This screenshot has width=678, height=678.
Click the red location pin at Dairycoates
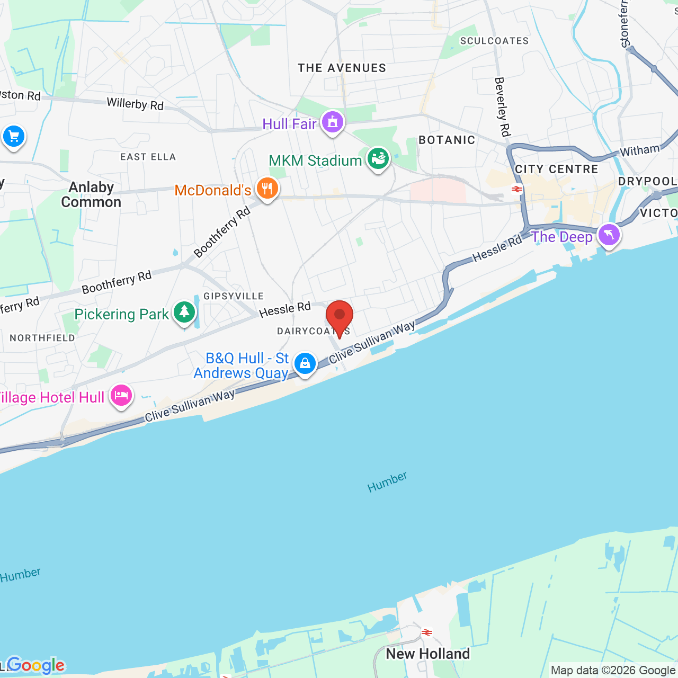tap(340, 316)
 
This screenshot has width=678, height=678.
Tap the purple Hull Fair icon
tap(332, 122)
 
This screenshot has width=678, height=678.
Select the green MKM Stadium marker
tap(378, 158)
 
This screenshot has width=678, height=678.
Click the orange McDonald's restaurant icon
tap(267, 188)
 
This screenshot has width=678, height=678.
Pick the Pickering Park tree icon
tap(184, 311)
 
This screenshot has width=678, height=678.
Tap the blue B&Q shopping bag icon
tap(305, 363)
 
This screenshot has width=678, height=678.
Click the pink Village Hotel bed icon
tap(121, 395)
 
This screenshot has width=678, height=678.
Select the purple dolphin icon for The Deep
tap(609, 234)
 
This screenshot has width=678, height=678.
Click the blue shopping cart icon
tap(14, 137)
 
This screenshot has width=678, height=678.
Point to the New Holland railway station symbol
tap(427, 632)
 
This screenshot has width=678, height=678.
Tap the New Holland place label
tap(428, 654)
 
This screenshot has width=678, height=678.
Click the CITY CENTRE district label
tap(556, 169)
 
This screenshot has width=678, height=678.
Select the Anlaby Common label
tap(91, 194)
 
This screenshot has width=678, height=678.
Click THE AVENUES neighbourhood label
tap(342, 68)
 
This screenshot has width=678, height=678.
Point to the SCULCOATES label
tap(494, 41)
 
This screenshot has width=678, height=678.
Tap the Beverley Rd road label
tap(502, 106)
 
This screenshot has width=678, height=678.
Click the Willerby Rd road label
tap(135, 104)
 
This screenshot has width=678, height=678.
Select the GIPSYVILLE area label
tap(234, 296)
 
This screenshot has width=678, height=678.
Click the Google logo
tap(35, 665)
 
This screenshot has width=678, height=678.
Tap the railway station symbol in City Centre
tap(517, 189)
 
